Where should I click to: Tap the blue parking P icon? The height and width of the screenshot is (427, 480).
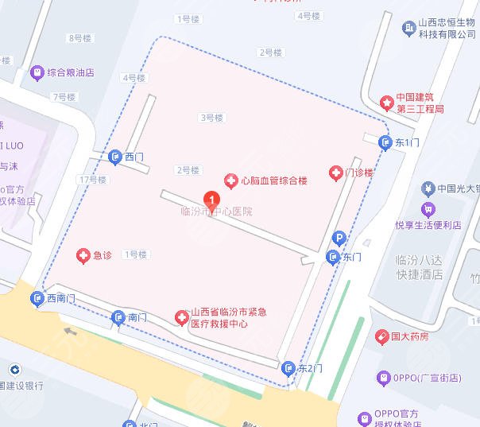click(339, 238)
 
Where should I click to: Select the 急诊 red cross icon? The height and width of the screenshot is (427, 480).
click(82, 255)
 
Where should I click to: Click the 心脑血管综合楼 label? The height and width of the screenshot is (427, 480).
click(274, 181)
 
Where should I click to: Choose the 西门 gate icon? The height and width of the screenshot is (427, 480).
click(115, 157)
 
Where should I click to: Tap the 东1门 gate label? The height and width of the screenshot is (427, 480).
click(405, 142)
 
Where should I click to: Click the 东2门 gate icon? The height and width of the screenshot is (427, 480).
click(288, 367)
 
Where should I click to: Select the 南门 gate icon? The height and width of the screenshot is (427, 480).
click(118, 316)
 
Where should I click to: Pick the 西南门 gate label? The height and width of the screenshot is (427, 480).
click(60, 299)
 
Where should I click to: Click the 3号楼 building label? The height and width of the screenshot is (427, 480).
click(211, 118)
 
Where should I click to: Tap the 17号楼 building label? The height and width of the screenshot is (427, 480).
click(93, 180)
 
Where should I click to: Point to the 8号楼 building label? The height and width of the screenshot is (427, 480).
click(81, 37)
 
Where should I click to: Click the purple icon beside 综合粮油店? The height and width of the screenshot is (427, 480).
click(36, 72)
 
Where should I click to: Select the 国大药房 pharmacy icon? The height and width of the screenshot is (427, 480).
click(381, 336)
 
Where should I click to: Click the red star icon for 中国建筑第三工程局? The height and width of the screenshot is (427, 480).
click(386, 103)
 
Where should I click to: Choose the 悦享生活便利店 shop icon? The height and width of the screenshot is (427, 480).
click(428, 210)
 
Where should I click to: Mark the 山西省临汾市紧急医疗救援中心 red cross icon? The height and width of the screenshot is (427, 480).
click(180, 317)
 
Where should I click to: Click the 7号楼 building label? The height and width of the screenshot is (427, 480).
click(64, 97)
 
